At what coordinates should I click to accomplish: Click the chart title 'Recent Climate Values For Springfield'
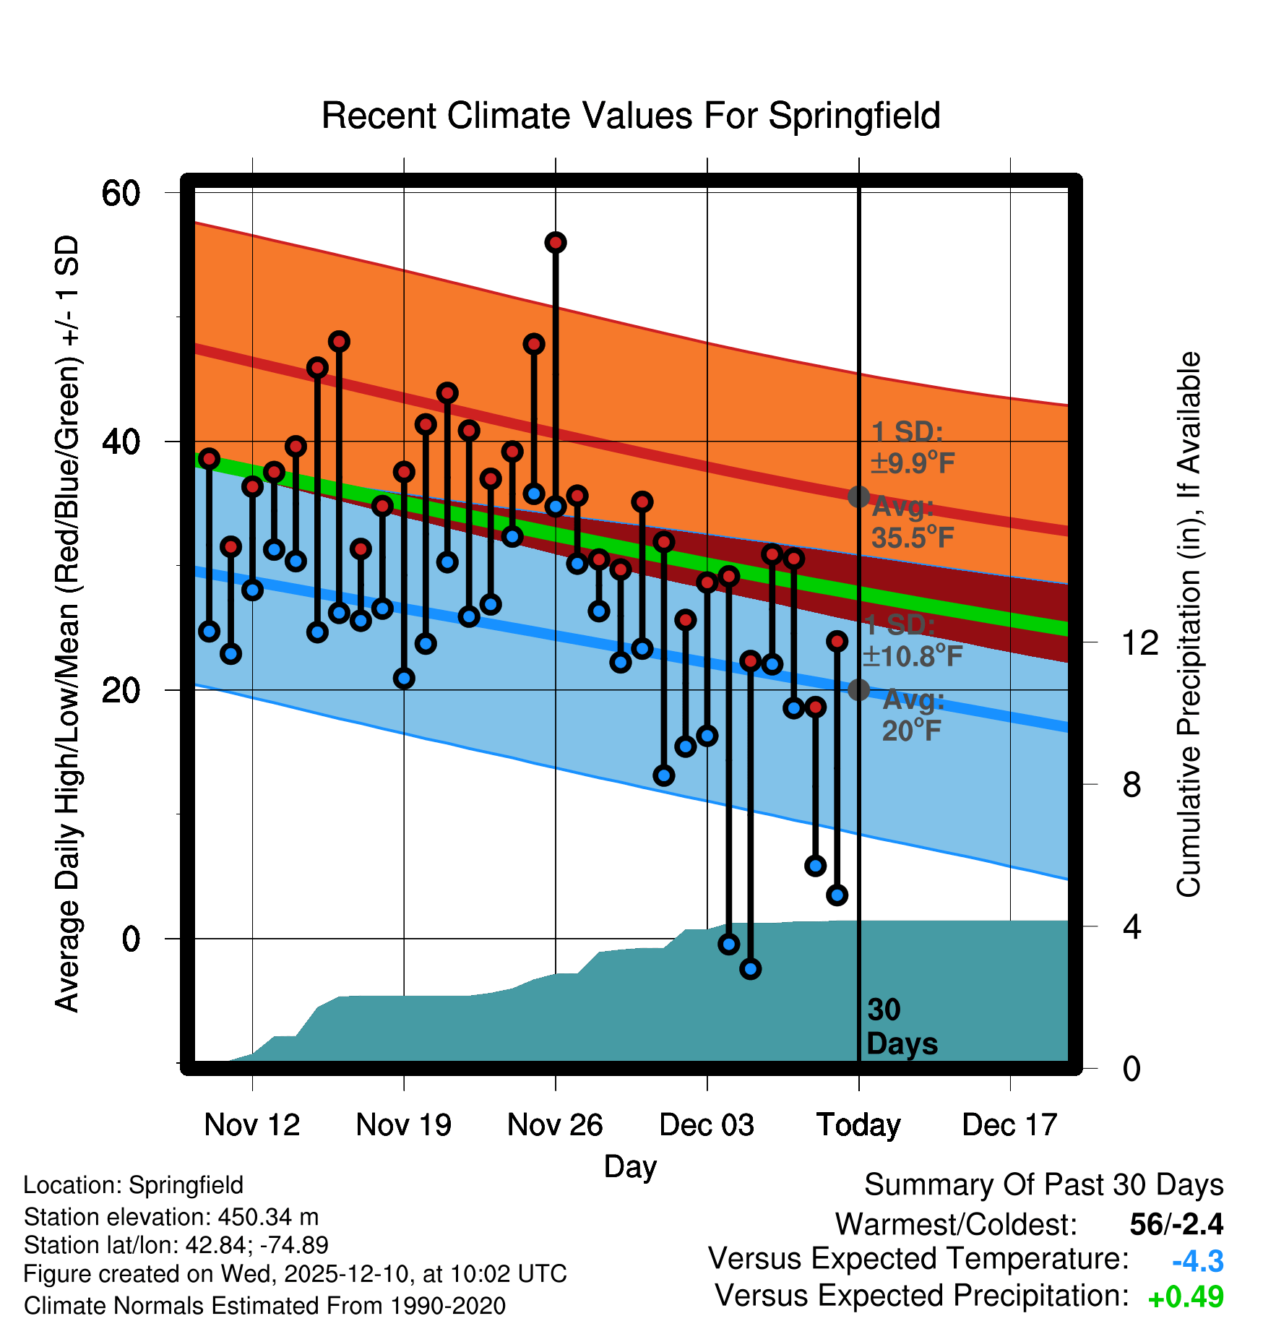631,116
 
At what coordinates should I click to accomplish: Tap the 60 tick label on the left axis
121,193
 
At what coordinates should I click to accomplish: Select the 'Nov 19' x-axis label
403,1124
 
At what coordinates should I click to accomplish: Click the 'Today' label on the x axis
858,1124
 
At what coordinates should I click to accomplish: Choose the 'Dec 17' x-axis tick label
1009,1124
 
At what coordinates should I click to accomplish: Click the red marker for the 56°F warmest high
556,243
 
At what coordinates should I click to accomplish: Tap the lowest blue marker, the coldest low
751,969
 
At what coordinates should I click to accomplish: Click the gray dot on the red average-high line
858,496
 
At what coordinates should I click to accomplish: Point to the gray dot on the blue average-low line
858,689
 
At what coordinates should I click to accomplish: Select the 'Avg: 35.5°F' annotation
912,522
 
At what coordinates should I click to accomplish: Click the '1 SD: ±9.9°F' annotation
912,447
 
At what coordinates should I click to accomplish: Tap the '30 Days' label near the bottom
900,1027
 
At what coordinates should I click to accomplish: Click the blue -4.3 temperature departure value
1197,1262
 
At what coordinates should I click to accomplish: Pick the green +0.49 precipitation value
1186,1297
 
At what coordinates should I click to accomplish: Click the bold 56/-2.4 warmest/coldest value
1176,1224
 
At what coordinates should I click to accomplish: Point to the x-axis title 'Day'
630,1166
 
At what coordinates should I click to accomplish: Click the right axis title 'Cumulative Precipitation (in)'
1188,625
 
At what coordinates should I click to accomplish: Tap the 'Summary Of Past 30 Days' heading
1043,1185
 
